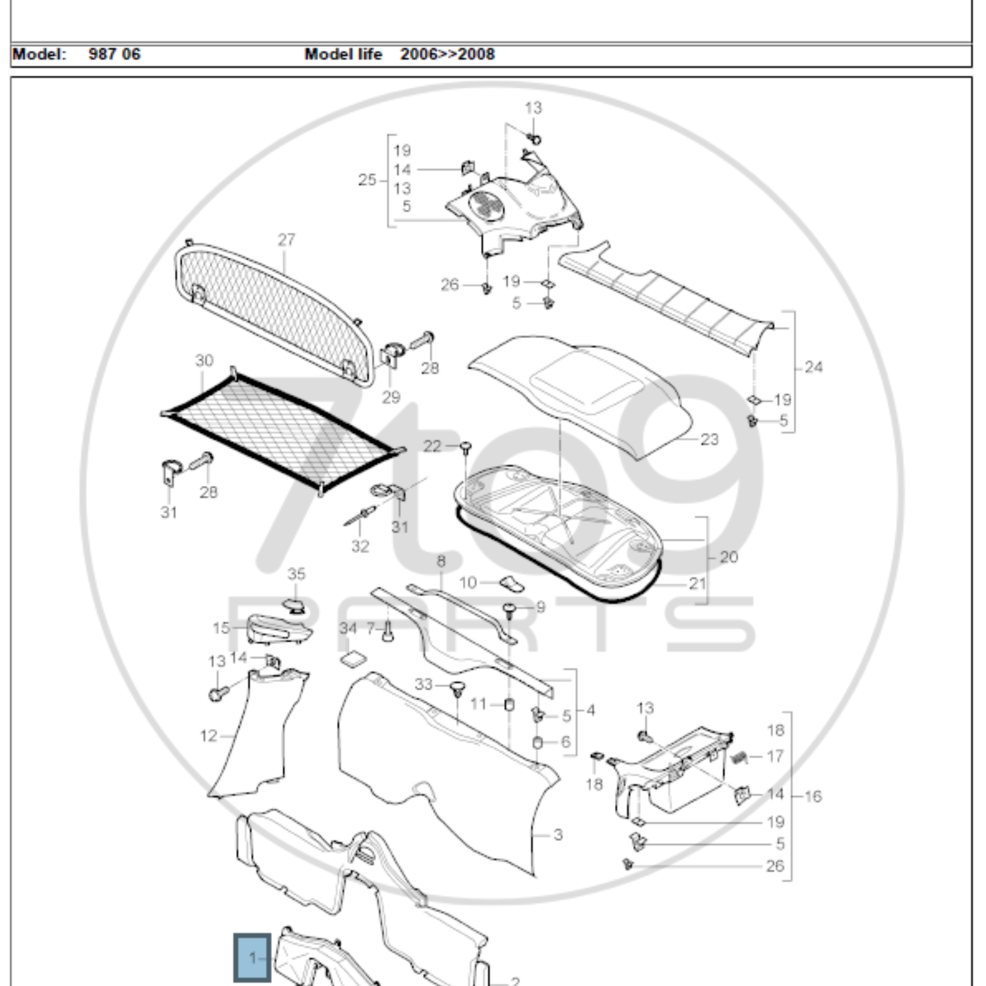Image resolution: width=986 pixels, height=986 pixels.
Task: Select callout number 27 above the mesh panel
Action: [x=286, y=240]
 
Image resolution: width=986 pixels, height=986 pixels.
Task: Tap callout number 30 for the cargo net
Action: [x=204, y=361]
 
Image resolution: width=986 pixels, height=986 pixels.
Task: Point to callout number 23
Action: [x=709, y=440]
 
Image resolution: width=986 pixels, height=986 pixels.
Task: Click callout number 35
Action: [x=297, y=574]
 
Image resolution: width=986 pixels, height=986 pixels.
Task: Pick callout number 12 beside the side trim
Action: [x=209, y=736]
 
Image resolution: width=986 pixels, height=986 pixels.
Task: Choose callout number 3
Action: [x=558, y=835]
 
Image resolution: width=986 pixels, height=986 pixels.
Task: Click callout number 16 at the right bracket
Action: [x=813, y=796]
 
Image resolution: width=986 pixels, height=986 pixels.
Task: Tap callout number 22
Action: [x=432, y=446]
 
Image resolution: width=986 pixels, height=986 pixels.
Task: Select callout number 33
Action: [x=423, y=685]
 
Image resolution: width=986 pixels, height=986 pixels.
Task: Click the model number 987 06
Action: [x=114, y=54]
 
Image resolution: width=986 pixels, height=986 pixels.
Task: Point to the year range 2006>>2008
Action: [x=447, y=54]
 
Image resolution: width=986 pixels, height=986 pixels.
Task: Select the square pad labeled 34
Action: [x=353, y=659]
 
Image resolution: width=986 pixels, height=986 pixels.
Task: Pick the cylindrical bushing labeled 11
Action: [x=509, y=705]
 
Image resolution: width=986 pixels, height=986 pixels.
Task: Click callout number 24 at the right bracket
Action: [x=814, y=367]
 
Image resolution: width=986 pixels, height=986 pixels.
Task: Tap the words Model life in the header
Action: [x=343, y=54]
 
